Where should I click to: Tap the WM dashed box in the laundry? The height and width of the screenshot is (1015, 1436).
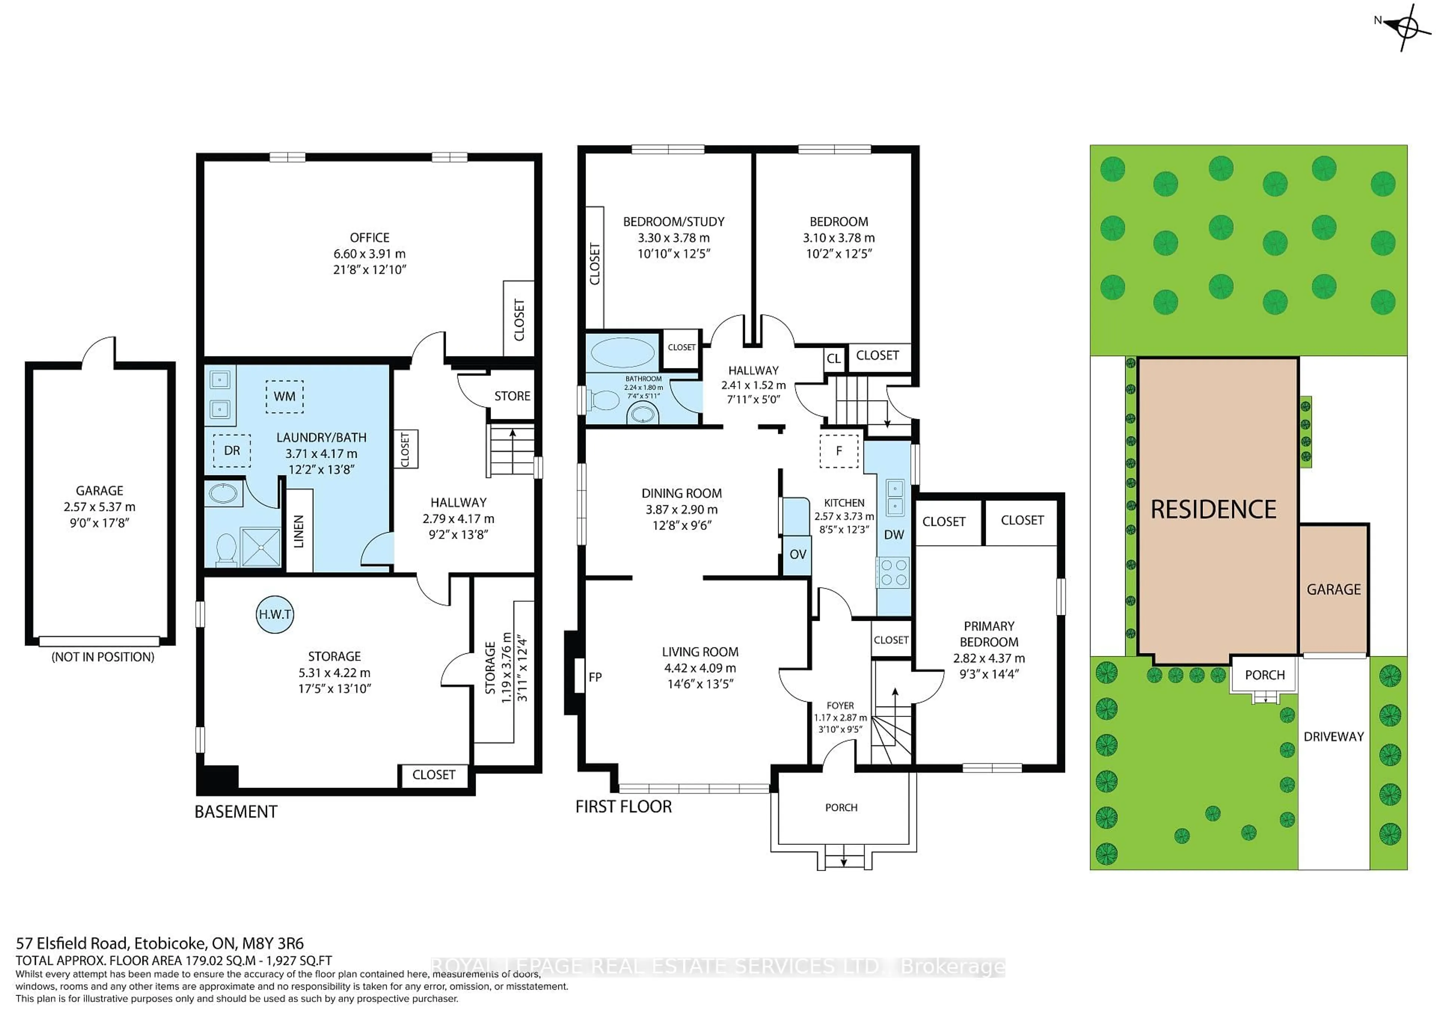pos(285,396)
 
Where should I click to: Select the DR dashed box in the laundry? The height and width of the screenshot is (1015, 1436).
pos(232,450)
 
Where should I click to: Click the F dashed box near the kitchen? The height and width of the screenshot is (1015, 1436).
pos(839,450)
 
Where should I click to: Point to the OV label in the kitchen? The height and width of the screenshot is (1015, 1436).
pos(797,554)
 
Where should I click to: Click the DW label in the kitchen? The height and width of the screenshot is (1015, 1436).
pos(894,535)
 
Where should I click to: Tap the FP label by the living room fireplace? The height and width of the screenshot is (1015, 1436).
pos(595,677)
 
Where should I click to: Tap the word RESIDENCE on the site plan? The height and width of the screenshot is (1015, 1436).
pos(1213,510)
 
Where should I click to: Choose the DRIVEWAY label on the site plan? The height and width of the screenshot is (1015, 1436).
pos(1334,737)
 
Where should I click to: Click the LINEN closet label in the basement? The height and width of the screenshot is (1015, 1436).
pos(299,531)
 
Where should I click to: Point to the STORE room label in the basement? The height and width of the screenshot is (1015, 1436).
pos(512,396)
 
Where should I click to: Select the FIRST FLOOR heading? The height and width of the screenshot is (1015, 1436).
pos(623,807)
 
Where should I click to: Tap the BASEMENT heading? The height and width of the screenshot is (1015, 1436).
pos(236,812)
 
